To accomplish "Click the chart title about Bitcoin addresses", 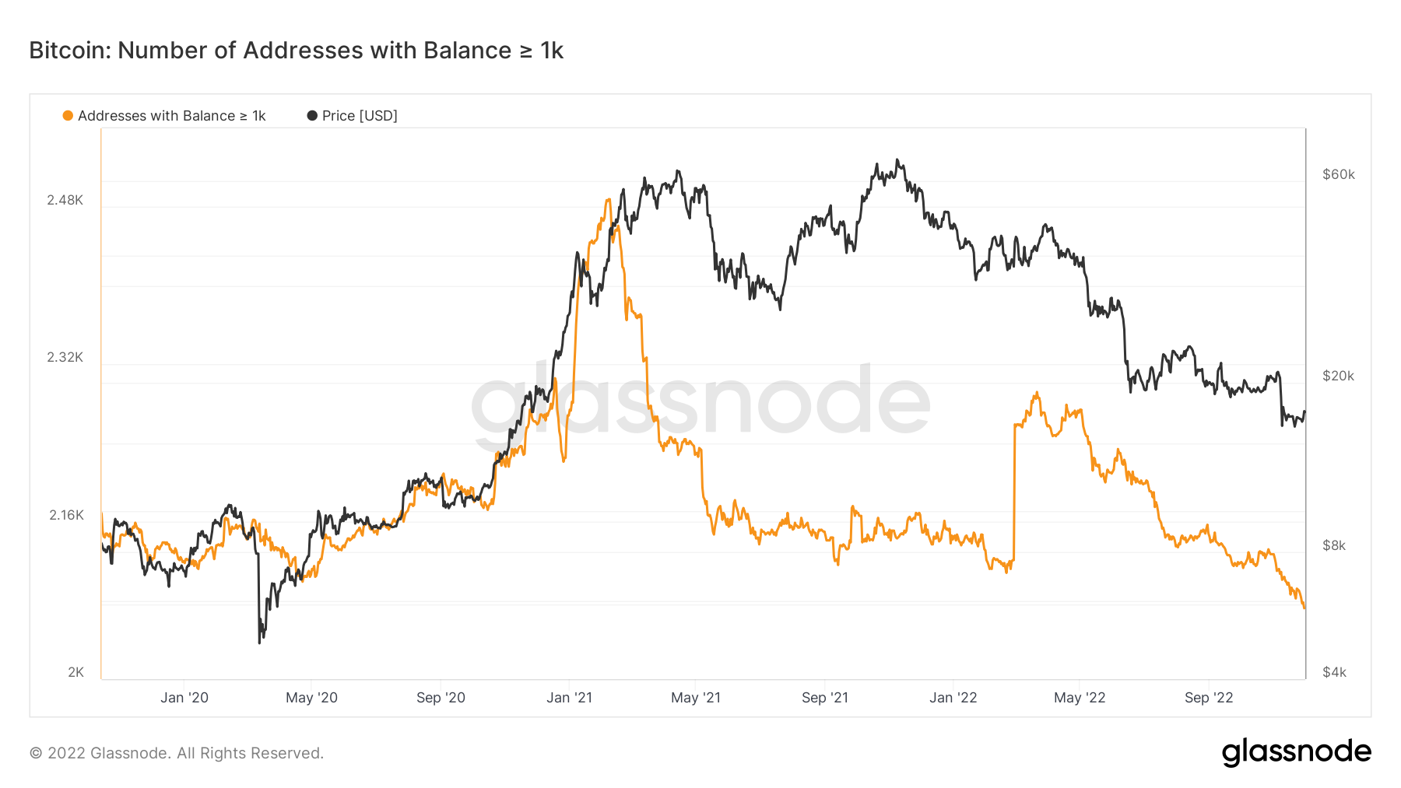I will (x=296, y=51).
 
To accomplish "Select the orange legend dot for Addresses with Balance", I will (x=68, y=116).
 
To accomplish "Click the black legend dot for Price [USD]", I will (x=312, y=116).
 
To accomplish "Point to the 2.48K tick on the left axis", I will (x=65, y=200).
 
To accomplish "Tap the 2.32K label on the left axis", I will (x=65, y=357).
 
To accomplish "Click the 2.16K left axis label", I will (x=66, y=515).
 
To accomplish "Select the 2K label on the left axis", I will (x=75, y=672).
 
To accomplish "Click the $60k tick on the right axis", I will (x=1339, y=174).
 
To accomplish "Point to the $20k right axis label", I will (x=1339, y=376).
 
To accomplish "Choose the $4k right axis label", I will (x=1334, y=672).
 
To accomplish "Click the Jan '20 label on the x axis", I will (x=184, y=698).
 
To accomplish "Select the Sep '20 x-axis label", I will (x=441, y=698).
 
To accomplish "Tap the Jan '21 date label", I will (x=569, y=698).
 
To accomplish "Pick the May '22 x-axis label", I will (x=1080, y=698).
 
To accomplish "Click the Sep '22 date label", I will (x=1209, y=698).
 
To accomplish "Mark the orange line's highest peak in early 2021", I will (x=608, y=200).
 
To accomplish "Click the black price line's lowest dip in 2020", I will (x=260, y=642).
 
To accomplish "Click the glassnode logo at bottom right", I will (x=1296, y=752).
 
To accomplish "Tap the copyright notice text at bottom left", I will (x=177, y=753).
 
